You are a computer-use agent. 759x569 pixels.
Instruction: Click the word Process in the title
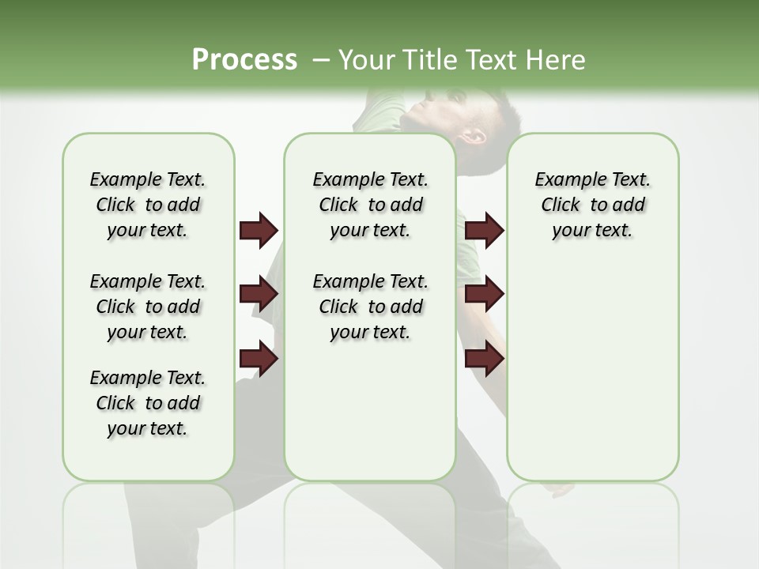[244, 59]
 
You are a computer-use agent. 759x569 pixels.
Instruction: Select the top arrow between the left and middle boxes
[259, 231]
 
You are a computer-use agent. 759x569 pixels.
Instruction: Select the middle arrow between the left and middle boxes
[259, 295]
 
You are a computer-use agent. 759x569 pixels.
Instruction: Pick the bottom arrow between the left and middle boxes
[259, 360]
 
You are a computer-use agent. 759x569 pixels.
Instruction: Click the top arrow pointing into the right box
[484, 231]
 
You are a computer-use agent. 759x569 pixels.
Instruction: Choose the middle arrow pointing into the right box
[484, 295]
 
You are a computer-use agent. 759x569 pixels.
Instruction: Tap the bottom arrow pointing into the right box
[484, 360]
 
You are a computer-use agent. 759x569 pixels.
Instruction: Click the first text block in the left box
[148, 205]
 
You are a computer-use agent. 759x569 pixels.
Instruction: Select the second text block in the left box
[148, 307]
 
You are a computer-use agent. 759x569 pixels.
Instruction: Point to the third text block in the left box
[148, 403]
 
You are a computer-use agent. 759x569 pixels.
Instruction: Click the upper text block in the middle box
[370, 205]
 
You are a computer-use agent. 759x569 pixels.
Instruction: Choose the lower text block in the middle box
[370, 307]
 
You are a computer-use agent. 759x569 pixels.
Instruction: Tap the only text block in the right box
[592, 205]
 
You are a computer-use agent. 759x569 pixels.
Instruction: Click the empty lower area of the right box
[592, 379]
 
